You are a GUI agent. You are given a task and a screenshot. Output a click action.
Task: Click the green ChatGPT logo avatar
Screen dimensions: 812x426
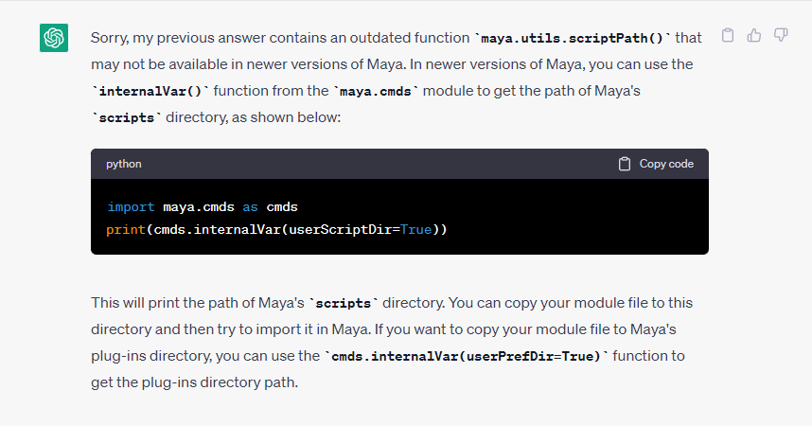[54, 38]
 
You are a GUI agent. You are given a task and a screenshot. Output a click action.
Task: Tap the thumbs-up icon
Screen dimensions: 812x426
[754, 35]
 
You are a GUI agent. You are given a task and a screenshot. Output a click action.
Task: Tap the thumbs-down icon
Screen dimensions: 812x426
[781, 35]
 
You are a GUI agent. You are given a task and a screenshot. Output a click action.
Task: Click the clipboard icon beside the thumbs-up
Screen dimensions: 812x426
[728, 35]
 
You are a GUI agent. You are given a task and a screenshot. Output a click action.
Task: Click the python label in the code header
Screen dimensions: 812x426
[124, 164]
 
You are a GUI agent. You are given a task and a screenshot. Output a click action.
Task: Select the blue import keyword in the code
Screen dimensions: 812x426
[131, 207]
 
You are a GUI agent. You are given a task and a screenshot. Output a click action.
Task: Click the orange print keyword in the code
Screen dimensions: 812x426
[126, 230]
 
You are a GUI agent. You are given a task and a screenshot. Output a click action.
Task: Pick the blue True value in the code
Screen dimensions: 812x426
[415, 230]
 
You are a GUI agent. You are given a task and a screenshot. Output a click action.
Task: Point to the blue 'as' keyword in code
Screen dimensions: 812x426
[250, 207]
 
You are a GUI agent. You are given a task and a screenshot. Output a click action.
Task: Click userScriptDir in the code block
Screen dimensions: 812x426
[341, 230]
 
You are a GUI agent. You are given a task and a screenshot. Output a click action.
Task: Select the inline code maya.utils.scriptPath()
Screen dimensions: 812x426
[573, 39]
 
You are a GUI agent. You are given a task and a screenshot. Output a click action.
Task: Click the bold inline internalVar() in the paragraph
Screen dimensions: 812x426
[150, 91]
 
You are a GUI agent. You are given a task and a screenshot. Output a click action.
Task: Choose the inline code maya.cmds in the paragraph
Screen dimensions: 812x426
[376, 92]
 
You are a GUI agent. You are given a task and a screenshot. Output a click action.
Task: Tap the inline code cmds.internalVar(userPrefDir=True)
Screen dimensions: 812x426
[466, 357]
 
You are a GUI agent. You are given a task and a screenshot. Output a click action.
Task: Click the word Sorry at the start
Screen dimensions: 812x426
[110, 39]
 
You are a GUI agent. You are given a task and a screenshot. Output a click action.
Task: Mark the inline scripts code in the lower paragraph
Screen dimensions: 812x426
[344, 304]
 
